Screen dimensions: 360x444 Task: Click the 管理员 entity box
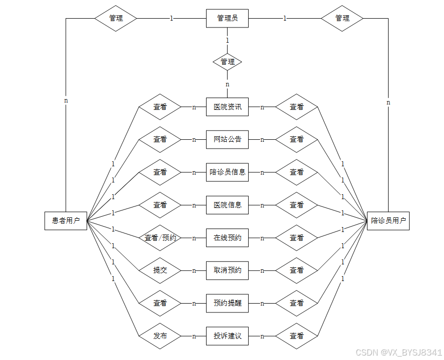click(x=227, y=19)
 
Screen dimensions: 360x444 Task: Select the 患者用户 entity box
click(x=66, y=221)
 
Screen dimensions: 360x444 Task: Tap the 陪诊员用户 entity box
click(x=388, y=221)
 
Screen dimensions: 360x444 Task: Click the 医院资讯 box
click(x=227, y=107)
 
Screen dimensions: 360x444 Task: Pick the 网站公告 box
click(x=227, y=139)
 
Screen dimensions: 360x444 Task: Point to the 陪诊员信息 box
click(x=227, y=172)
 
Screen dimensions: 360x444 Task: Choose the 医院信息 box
click(x=227, y=205)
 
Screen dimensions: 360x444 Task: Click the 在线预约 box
click(x=227, y=238)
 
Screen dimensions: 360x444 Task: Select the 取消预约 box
click(x=227, y=270)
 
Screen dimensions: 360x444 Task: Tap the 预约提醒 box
click(x=227, y=303)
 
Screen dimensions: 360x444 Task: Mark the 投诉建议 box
click(x=227, y=336)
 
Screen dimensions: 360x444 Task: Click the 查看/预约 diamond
click(x=160, y=238)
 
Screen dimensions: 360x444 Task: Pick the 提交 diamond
click(x=160, y=270)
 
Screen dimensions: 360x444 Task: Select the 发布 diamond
click(x=160, y=336)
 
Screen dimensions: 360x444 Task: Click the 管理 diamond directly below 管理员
click(x=227, y=62)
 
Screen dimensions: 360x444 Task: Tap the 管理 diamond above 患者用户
click(x=116, y=19)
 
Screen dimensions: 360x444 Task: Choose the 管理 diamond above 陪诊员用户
click(x=342, y=19)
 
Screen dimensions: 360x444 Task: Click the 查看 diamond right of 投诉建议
click(x=296, y=336)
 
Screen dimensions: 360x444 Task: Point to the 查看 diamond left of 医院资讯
click(x=160, y=107)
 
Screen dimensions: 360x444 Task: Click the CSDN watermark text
click(x=398, y=352)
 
